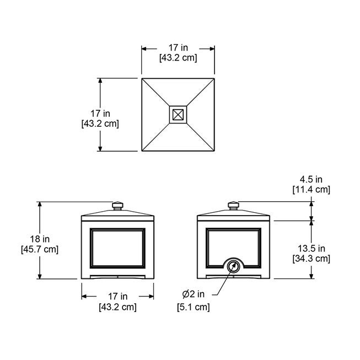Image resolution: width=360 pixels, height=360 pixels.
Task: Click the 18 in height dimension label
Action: click(40, 239)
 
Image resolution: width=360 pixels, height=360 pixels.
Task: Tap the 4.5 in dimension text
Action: click(311, 179)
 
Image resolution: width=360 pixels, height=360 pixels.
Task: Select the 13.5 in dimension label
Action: click(311, 249)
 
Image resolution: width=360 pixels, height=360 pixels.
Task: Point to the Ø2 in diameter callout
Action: click(194, 294)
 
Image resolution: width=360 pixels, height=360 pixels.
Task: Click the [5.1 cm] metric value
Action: click(194, 307)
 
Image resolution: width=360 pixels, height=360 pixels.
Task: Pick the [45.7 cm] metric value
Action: click(40, 249)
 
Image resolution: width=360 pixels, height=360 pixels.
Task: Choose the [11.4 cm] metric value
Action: click(311, 190)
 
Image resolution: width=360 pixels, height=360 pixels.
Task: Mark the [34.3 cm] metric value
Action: click(311, 259)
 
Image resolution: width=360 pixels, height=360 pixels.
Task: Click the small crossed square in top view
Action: click(178, 115)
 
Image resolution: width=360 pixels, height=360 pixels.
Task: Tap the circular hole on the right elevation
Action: click(234, 267)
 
